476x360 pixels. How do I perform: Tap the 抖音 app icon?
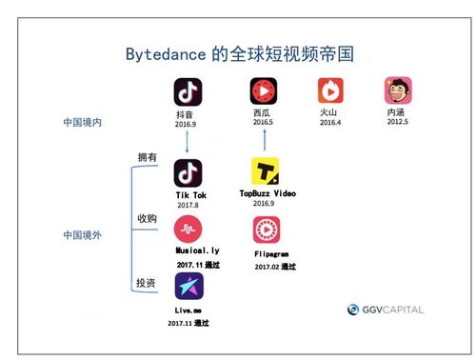(x=188, y=91)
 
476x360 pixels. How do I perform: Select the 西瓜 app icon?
(x=263, y=91)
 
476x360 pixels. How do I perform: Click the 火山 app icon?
(x=330, y=91)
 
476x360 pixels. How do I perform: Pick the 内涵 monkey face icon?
(x=397, y=91)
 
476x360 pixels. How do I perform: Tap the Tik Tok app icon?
(x=188, y=173)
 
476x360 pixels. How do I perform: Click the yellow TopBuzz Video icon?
(x=266, y=172)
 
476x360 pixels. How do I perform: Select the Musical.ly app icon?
(x=189, y=230)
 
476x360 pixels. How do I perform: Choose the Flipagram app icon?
(x=267, y=230)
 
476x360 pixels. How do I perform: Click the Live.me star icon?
(x=188, y=287)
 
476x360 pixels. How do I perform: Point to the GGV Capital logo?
(x=385, y=310)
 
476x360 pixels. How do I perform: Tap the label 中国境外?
(x=83, y=233)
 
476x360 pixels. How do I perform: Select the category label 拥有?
(x=148, y=155)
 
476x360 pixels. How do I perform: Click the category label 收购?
(x=148, y=218)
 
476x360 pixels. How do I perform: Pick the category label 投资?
(x=148, y=283)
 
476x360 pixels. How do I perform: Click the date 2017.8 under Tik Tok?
(x=188, y=205)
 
